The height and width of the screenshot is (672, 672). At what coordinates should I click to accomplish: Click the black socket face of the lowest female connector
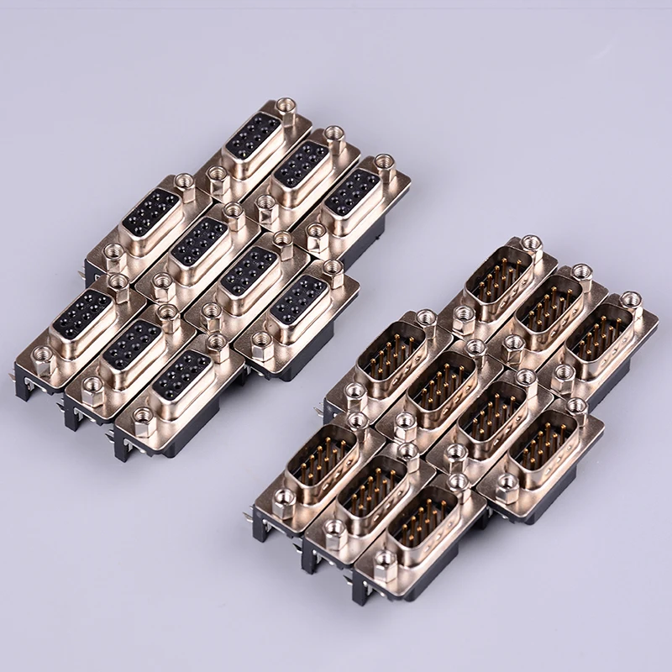point(180,372)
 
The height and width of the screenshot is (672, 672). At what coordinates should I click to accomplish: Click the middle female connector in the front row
point(131,344)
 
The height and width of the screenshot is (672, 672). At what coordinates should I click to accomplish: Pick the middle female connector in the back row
point(300,166)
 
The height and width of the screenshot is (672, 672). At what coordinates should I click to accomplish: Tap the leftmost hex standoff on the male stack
point(282,497)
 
